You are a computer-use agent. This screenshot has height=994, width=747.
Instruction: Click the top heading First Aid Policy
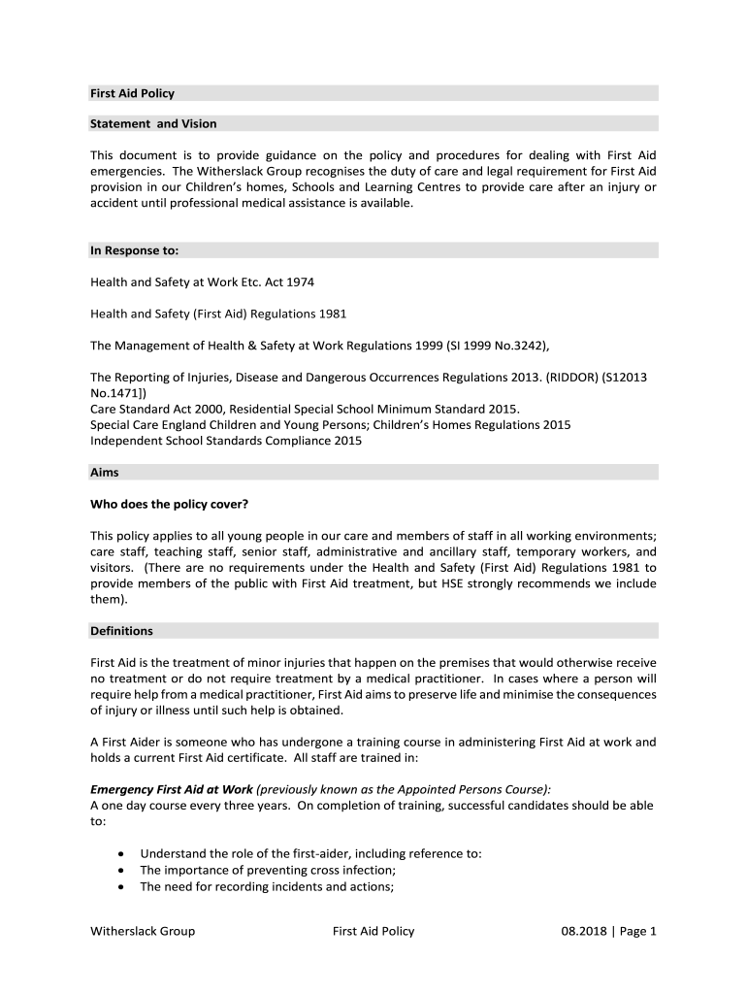pos(132,94)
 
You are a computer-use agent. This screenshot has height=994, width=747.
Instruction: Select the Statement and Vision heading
pos(153,124)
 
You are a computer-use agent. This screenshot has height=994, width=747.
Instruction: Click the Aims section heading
pos(105,473)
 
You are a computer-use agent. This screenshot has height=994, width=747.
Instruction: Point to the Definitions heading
pos(121,631)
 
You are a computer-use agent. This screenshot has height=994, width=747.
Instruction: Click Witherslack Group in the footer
pos(143,932)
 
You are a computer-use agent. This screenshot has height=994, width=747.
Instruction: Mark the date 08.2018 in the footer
pos(582,932)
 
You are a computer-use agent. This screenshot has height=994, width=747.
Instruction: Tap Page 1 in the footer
pos(638,932)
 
